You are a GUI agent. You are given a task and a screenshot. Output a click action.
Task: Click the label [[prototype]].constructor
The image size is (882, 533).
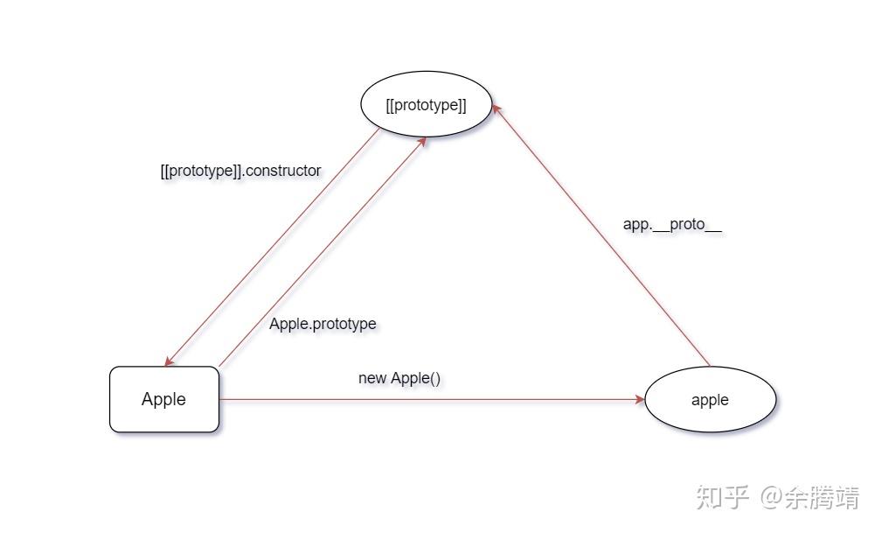[x=240, y=171]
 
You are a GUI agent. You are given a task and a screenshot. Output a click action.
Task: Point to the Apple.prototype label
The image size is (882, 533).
[x=323, y=324]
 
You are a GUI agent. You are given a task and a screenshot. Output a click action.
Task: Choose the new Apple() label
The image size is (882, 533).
[x=399, y=378]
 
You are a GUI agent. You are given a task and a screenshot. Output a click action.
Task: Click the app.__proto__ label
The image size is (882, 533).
[x=672, y=224]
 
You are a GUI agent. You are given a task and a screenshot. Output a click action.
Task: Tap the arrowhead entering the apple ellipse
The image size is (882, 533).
[x=639, y=399]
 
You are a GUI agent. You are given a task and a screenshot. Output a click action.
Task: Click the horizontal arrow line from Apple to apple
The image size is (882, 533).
[x=428, y=399]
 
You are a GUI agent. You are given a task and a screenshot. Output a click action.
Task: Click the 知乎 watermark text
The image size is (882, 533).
[x=722, y=498]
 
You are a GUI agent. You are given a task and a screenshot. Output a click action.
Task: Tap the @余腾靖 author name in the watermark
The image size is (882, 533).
[x=809, y=498]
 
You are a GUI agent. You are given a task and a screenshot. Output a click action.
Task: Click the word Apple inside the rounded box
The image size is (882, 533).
[x=163, y=399]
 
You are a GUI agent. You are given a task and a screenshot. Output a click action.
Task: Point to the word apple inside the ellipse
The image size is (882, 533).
[x=710, y=400]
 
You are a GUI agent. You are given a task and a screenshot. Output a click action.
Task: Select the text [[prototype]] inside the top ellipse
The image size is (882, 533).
[x=426, y=105]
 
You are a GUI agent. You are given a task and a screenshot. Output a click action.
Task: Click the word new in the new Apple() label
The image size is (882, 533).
[x=372, y=378]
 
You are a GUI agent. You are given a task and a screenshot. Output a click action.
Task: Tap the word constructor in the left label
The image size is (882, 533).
[x=283, y=171]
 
